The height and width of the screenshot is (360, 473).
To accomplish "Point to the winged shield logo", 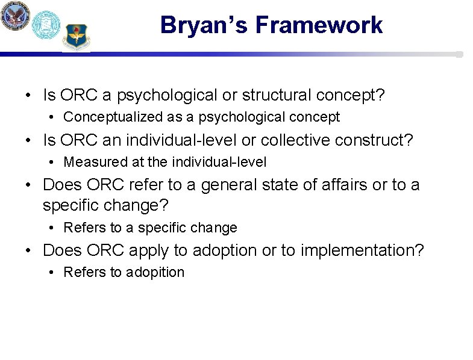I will point(76,37).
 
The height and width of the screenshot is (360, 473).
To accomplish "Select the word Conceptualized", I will point(111,117).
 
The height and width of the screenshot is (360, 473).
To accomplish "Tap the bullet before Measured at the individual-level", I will point(53,163).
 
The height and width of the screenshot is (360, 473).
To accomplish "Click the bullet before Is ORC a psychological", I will point(30,96).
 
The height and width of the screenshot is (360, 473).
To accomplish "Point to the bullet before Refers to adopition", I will point(53,273).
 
